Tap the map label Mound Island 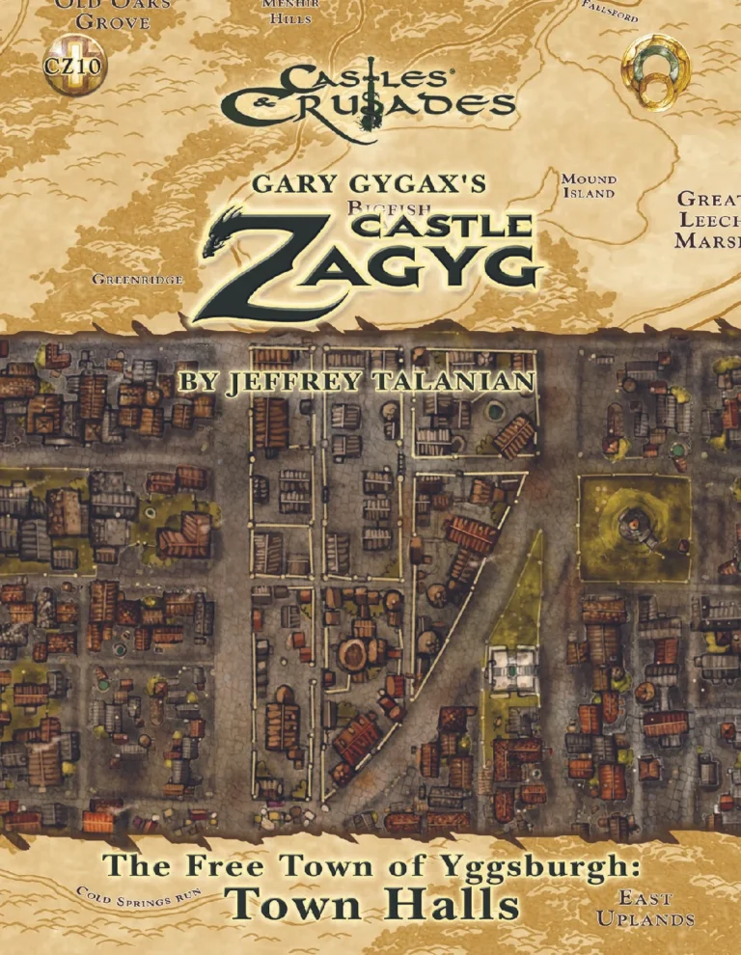coord(589,185)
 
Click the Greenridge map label coord(137,280)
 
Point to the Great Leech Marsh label coord(708,221)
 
